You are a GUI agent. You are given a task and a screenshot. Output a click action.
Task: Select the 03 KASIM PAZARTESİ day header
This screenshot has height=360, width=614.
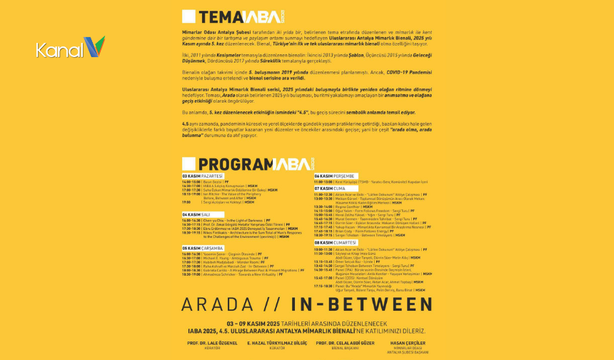(x=202, y=176)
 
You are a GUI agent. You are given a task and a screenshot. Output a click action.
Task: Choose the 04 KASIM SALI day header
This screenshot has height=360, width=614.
(x=196, y=214)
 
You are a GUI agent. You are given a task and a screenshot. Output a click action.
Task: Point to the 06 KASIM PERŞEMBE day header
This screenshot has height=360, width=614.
(x=333, y=176)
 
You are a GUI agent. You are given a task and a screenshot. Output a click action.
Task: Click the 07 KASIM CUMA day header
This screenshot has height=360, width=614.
(x=329, y=189)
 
